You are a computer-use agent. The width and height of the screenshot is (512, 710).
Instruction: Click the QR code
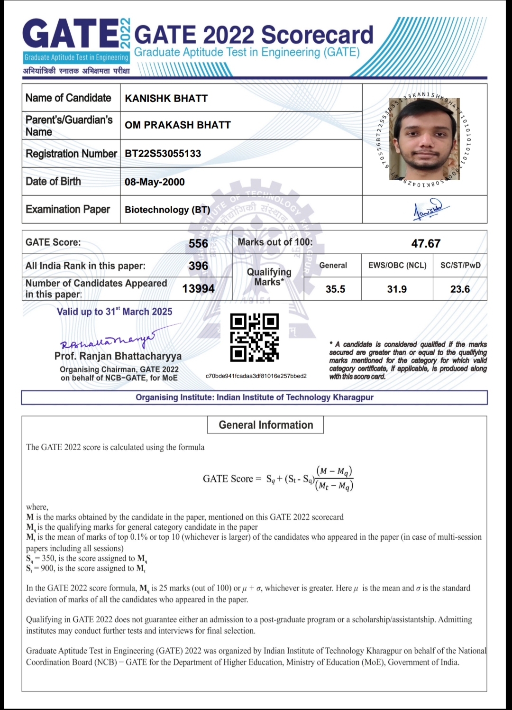tap(255, 337)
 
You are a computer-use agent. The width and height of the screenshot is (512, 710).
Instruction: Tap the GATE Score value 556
tap(198, 243)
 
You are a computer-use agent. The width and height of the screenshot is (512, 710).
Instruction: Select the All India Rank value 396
tap(198, 266)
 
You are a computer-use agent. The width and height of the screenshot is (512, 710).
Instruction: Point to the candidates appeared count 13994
tap(198, 288)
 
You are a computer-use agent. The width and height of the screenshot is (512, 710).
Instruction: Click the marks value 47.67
tap(426, 243)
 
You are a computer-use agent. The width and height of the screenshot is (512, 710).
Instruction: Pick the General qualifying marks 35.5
tap(335, 289)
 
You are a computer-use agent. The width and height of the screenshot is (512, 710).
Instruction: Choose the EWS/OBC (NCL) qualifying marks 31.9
tap(397, 289)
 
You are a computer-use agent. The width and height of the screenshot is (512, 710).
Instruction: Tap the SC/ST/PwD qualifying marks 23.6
tap(460, 289)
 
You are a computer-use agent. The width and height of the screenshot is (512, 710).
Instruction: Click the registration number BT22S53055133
tap(163, 153)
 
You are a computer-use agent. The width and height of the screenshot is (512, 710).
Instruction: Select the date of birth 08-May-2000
tap(155, 182)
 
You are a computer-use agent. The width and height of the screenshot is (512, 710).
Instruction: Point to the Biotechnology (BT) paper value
tap(167, 210)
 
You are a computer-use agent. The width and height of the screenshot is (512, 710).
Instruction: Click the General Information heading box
tap(265, 425)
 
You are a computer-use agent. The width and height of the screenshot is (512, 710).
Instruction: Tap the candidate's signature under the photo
tap(427, 210)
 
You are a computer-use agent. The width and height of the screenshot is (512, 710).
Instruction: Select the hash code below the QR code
tap(256, 376)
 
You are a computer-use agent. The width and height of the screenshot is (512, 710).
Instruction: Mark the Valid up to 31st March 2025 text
tap(114, 312)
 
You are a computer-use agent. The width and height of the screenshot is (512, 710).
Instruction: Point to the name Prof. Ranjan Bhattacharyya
tap(118, 356)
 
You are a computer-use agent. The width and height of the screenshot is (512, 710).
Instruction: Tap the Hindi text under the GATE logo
tap(76, 71)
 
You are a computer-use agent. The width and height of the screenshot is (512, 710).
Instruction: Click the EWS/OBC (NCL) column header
tap(397, 265)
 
